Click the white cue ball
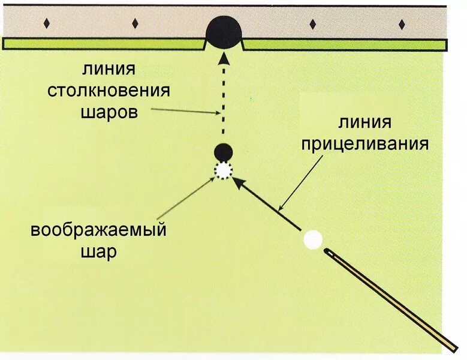(x=313, y=240)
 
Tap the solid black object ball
(x=224, y=151)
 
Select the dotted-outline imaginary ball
(x=224, y=171)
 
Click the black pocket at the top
(x=223, y=32)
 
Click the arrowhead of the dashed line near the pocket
(x=223, y=58)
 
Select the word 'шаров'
(x=109, y=112)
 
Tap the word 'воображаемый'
(x=98, y=230)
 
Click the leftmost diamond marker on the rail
(x=46, y=23)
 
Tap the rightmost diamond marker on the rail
(x=402, y=24)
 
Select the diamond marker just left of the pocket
(x=135, y=23)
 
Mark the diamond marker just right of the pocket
(x=312, y=24)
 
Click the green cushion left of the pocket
(x=102, y=44)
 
